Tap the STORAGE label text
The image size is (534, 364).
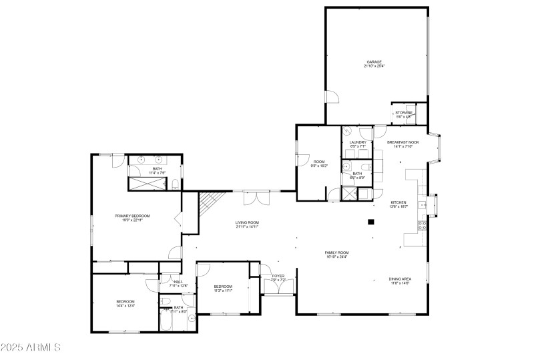pyautogui.click(x=403, y=112)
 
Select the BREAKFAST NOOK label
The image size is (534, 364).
pyautogui.click(x=403, y=142)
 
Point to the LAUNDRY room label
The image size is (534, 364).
pyautogui.click(x=357, y=142)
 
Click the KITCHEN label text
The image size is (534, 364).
pyautogui.click(x=398, y=202)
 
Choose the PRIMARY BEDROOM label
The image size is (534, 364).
pyautogui.click(x=132, y=216)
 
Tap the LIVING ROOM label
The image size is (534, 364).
pyautogui.click(x=246, y=222)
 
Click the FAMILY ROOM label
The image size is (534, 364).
pyautogui.click(x=337, y=252)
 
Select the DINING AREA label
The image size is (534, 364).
pyautogui.click(x=400, y=279)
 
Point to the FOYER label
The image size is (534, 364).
pyautogui.click(x=278, y=276)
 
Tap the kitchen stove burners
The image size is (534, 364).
pyautogui.click(x=422, y=226)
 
